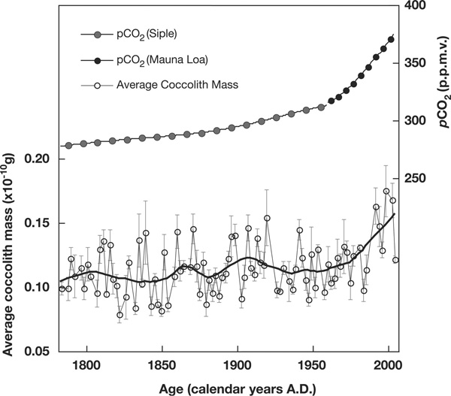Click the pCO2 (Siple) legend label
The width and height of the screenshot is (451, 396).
click(x=149, y=35)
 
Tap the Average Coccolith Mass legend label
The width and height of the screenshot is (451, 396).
click(x=177, y=85)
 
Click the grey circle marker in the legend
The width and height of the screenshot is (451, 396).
click(x=95, y=35)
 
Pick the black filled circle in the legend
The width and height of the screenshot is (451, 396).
click(x=95, y=60)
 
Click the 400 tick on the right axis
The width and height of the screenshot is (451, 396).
click(x=416, y=6)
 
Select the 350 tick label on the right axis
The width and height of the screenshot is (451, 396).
click(x=416, y=63)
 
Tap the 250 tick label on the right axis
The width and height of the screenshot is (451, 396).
click(x=416, y=178)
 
